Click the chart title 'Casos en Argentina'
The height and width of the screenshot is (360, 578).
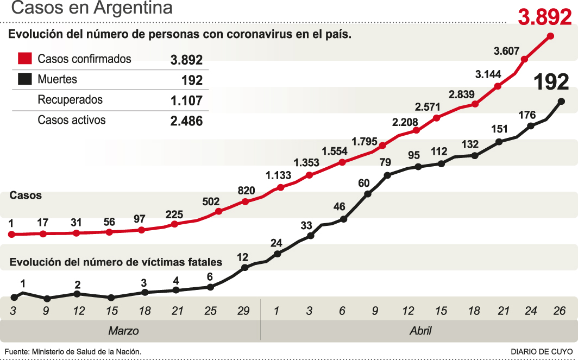coord(91,9)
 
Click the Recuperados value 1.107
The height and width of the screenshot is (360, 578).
coord(186,100)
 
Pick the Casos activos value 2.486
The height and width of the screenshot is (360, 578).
coord(186,121)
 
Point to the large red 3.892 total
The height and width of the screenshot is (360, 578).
coord(544,17)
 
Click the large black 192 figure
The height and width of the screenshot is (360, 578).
coord(551,81)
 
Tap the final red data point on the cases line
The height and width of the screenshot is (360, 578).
coord(551,36)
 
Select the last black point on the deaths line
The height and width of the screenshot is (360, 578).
coord(561,101)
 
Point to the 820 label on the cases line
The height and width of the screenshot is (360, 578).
coord(246,191)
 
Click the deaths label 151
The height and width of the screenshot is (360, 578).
coord(499,129)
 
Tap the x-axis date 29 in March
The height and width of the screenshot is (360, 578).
coord(243,311)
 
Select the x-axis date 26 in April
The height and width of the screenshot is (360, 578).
coord(560,311)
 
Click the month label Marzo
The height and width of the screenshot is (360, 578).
coord(123,331)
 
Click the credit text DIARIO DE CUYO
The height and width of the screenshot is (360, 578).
coord(541,351)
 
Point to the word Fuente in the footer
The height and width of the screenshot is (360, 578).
coord(17,351)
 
